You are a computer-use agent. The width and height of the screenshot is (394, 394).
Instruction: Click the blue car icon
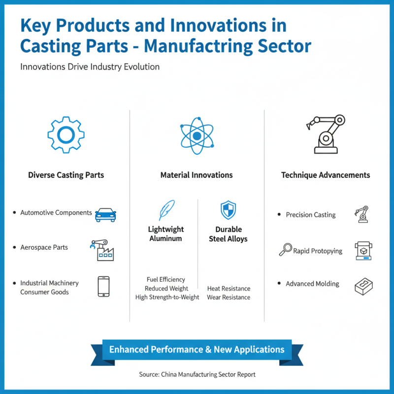tap(105, 215)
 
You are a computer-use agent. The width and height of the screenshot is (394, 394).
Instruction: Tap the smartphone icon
tap(103, 287)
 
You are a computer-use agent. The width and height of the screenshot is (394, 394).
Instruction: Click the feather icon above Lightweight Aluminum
tap(166, 210)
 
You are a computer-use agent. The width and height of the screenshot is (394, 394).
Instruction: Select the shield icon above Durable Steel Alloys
tap(228, 210)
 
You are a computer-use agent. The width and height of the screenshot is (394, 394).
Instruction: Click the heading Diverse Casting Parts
tap(66, 175)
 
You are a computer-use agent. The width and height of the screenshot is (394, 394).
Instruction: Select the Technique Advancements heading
tap(326, 175)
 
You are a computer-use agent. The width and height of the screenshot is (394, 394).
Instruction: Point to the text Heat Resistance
tap(229, 289)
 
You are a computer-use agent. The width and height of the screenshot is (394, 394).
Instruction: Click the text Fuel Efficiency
tap(166, 279)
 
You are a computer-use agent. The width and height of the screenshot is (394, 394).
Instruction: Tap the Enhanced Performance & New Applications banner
tap(197, 350)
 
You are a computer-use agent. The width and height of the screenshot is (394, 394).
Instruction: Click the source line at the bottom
tap(197, 374)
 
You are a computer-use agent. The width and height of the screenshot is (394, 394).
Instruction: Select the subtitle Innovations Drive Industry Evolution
tap(90, 67)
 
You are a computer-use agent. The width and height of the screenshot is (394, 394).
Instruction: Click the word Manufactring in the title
tap(198, 46)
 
